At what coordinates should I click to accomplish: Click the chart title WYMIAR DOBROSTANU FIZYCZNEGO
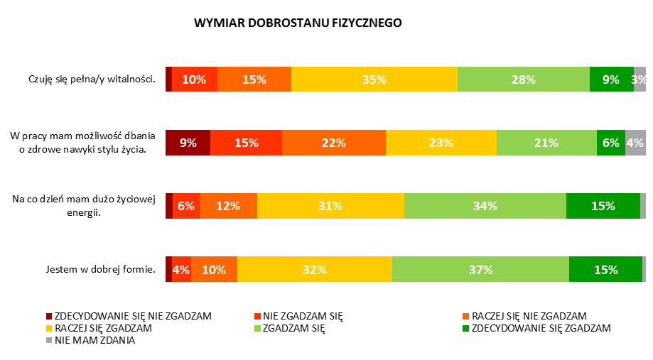pyautogui.click(x=298, y=23)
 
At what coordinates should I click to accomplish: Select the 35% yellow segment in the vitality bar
pyautogui.click(x=374, y=80)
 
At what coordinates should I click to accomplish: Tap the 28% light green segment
pyautogui.click(x=523, y=80)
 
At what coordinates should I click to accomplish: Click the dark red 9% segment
pyautogui.click(x=188, y=143)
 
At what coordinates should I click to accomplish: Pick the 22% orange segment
pyautogui.click(x=333, y=143)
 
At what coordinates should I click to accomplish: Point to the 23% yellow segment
pyautogui.click(x=441, y=143)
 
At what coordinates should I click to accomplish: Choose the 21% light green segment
pyautogui.click(x=546, y=143)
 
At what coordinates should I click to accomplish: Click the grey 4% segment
pyautogui.click(x=635, y=143)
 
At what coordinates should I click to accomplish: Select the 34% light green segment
pyautogui.click(x=485, y=206)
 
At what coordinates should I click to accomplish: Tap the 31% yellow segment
pyautogui.click(x=330, y=206)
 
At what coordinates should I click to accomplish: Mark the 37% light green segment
pyautogui.click(x=480, y=269)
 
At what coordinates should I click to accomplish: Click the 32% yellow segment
pyautogui.click(x=314, y=269)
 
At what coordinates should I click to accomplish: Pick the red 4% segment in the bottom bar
pyautogui.click(x=181, y=269)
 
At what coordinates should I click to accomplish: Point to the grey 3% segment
pyautogui.click(x=639, y=80)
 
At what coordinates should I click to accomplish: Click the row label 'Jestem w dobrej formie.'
pyautogui.click(x=100, y=269)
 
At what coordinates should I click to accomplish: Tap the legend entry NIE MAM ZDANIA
pyautogui.click(x=95, y=340)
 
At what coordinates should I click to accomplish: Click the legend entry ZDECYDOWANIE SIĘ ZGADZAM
pyautogui.click(x=540, y=328)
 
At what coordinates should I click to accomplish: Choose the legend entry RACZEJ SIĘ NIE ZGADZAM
pyautogui.click(x=529, y=316)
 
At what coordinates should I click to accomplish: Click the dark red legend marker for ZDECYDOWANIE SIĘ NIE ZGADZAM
pyautogui.click(x=49, y=316)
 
